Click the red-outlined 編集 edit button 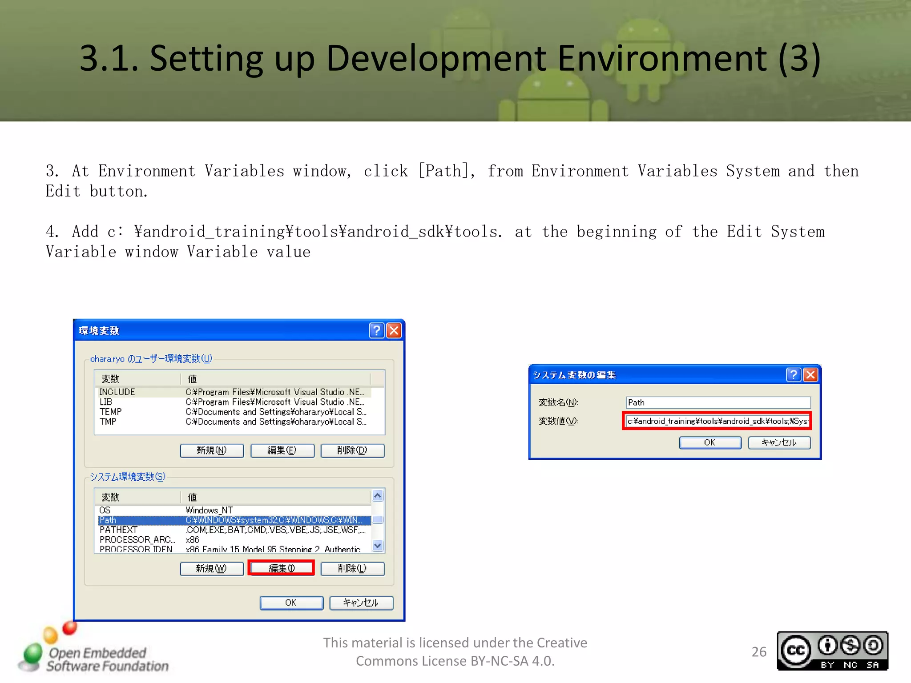click(282, 568)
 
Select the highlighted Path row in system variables click(234, 520)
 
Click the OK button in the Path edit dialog click(709, 442)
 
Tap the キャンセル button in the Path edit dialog click(779, 442)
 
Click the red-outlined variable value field click(717, 421)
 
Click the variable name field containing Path click(718, 402)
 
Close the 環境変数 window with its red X click(394, 330)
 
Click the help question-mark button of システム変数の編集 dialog click(793, 375)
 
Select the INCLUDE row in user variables click(234, 392)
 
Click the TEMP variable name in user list click(111, 412)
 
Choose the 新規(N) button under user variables click(212, 450)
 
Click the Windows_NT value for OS click(209, 510)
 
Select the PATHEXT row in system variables click(234, 530)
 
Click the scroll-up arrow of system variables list click(378, 495)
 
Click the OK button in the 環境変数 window click(291, 603)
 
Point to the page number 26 click(759, 651)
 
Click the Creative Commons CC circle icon click(796, 651)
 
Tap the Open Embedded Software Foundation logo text click(107, 659)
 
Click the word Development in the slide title click(436, 58)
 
